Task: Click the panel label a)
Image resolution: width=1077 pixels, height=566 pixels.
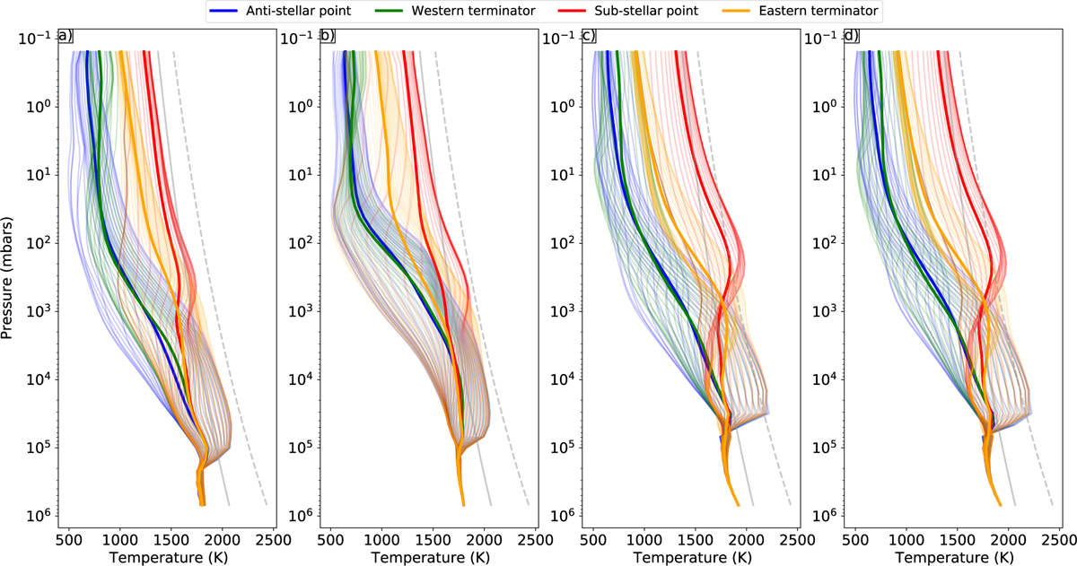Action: pos(65,37)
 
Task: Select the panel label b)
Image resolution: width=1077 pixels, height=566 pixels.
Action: pos(328,37)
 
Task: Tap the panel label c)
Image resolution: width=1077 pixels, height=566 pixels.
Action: pos(590,37)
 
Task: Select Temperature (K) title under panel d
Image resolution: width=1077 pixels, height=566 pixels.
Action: pos(953,556)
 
